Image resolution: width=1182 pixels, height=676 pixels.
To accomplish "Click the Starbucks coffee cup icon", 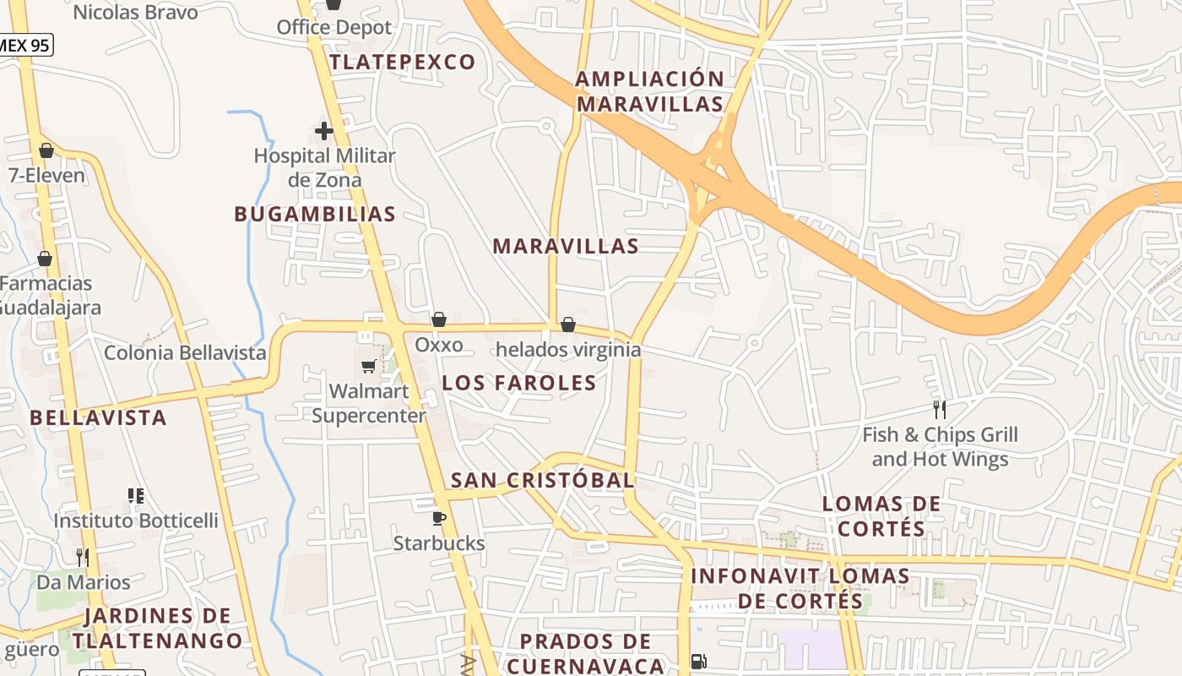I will [438, 518].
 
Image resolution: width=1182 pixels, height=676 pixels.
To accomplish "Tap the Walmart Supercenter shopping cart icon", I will [368, 366].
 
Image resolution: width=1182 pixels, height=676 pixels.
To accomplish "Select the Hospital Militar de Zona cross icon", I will [324, 131].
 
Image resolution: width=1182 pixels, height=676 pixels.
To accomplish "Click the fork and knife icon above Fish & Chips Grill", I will [939, 410].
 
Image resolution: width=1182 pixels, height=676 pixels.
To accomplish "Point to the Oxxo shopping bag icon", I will [439, 319].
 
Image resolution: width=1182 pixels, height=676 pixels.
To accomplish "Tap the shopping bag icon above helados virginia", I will [568, 324].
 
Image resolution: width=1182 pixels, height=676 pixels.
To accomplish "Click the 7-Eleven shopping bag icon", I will [46, 150].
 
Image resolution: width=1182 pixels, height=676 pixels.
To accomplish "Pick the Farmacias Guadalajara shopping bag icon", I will [45, 258].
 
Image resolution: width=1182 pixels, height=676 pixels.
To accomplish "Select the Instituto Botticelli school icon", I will [136, 495].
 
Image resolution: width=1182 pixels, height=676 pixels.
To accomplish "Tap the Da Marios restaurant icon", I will [83, 557].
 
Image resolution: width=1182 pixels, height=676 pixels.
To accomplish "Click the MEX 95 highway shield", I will [25, 45].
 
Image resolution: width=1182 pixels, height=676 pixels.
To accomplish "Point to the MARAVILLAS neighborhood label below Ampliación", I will [566, 247].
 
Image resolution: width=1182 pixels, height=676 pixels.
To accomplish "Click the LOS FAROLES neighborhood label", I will [519, 383].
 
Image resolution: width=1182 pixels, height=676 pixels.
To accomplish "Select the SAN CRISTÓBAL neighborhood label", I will [542, 481].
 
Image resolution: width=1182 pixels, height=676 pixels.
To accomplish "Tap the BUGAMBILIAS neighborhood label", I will [315, 215].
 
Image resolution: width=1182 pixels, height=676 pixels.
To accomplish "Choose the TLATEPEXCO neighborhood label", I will [403, 63].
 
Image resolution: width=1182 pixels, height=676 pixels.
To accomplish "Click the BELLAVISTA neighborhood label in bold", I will [98, 417].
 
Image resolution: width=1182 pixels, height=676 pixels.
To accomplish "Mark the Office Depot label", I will [334, 27].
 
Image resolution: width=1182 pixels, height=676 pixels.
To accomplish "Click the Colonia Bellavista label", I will [185, 353].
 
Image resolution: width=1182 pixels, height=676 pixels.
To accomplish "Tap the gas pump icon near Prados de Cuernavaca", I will [698, 662].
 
